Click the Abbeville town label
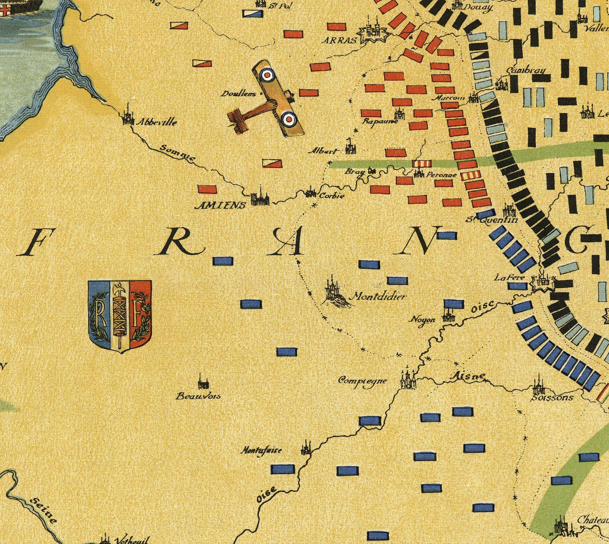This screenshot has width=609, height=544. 156,122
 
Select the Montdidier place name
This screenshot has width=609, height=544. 378,296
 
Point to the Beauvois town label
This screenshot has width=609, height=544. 198,396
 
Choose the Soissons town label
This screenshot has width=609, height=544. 552,398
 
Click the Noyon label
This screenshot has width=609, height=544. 423,319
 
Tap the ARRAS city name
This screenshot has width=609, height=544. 339,40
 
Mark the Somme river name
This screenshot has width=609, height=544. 178,153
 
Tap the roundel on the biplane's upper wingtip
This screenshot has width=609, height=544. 267,74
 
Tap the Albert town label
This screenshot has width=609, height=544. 324,151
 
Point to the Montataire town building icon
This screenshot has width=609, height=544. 306,448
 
